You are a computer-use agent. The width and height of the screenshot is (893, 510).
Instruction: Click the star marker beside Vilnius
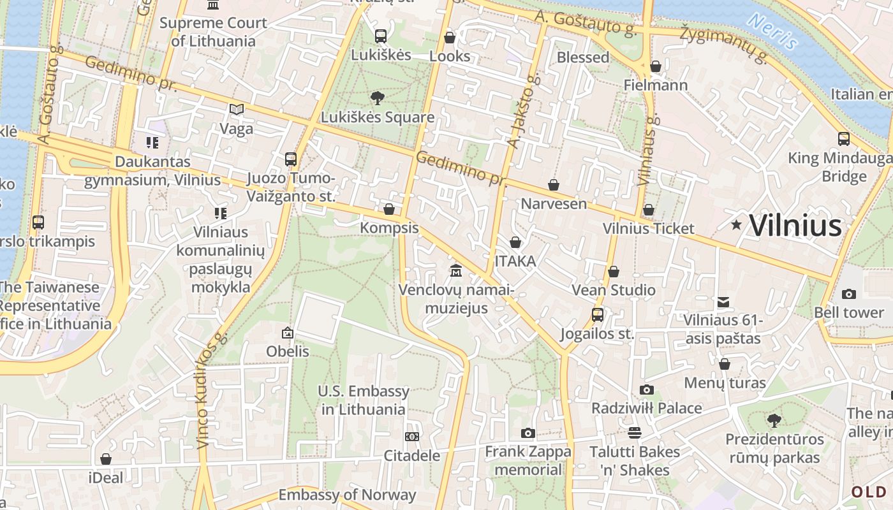click(737, 224)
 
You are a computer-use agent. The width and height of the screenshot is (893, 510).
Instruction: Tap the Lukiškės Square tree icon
click(377, 98)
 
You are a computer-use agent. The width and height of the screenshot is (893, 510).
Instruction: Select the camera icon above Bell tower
click(848, 294)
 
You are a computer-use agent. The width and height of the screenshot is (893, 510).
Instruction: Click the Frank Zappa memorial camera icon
click(528, 433)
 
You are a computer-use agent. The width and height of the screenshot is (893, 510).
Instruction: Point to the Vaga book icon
click(237, 110)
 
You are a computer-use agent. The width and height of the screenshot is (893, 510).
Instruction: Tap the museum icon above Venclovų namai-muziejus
click(455, 271)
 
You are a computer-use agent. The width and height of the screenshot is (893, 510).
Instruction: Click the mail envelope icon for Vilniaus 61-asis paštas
click(723, 302)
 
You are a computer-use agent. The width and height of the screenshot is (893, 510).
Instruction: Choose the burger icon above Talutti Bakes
click(634, 433)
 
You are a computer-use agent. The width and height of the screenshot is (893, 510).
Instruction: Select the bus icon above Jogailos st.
click(597, 315)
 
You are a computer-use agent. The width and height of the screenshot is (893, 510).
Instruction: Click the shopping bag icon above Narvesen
click(553, 185)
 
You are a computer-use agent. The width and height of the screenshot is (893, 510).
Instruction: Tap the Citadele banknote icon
click(412, 437)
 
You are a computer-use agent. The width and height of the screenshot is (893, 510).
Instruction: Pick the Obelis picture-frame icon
click(288, 332)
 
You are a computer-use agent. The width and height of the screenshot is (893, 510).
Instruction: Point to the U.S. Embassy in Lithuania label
click(364, 400)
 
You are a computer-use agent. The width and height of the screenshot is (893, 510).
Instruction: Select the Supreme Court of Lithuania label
click(213, 32)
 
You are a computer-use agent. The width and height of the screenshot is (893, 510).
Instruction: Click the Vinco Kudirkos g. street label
click(212, 390)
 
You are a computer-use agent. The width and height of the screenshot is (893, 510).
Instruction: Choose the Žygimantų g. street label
click(723, 45)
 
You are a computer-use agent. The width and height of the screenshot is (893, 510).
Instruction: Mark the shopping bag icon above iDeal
click(106, 459)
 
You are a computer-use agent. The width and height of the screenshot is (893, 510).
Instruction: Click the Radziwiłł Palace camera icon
click(646, 390)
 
